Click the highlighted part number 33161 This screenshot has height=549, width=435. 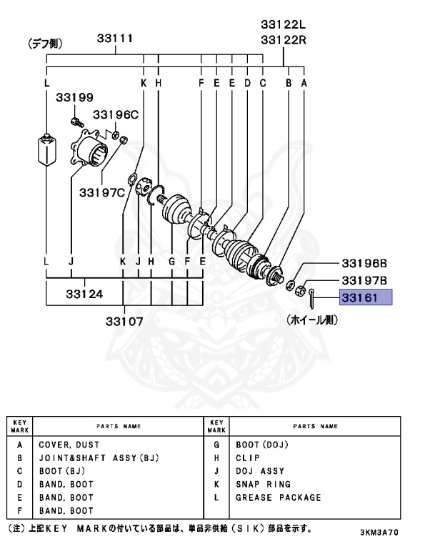361,298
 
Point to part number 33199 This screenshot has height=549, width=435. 75,97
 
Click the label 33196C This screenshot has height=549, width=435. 115,114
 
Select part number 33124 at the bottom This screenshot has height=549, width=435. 84,293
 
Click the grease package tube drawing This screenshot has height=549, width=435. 46,149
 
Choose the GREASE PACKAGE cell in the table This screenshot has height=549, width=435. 278,497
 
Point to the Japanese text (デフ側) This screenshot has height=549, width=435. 44,44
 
